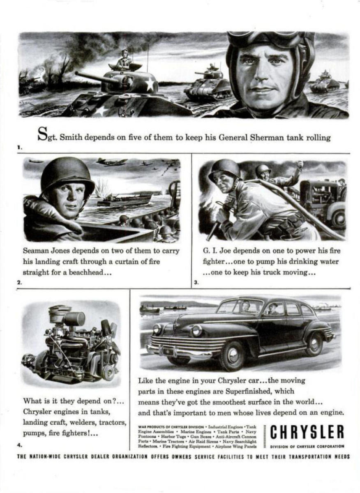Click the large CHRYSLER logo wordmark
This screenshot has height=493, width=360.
click(307, 432)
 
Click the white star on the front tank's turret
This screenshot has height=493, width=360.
click(150, 85)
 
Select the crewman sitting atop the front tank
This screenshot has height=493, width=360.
click(124, 60)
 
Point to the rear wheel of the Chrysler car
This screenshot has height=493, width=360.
click(314, 344)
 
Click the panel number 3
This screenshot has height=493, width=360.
click(196, 282)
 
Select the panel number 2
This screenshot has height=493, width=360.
click(19, 282)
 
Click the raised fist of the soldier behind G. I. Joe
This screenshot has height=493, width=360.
click(300, 165)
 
